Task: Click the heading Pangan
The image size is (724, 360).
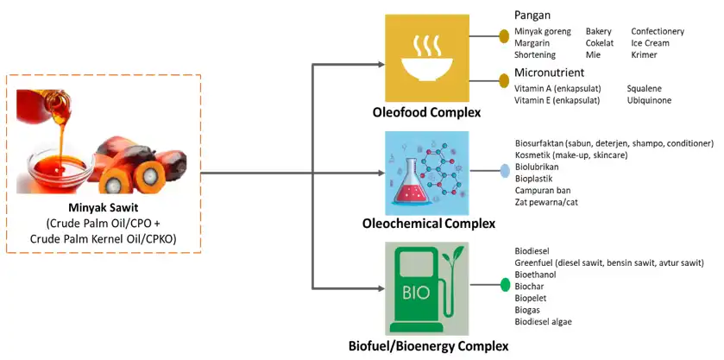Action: coord(532,15)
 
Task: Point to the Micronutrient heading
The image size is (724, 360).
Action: coord(550,72)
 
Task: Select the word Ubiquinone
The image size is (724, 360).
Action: coord(649,100)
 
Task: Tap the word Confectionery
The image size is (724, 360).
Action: coord(657,31)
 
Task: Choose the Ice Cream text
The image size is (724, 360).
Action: coord(650,42)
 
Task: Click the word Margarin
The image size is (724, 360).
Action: coord(533,42)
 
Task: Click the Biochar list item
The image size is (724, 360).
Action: coord(530,286)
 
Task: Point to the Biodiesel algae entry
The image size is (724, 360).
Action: coord(543,321)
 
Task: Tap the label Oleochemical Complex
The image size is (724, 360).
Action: coord(428,224)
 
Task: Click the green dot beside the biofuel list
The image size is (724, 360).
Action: coord(506,285)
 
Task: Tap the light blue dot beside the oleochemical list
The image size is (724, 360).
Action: coord(506,170)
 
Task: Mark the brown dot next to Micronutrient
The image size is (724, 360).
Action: coord(504,80)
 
